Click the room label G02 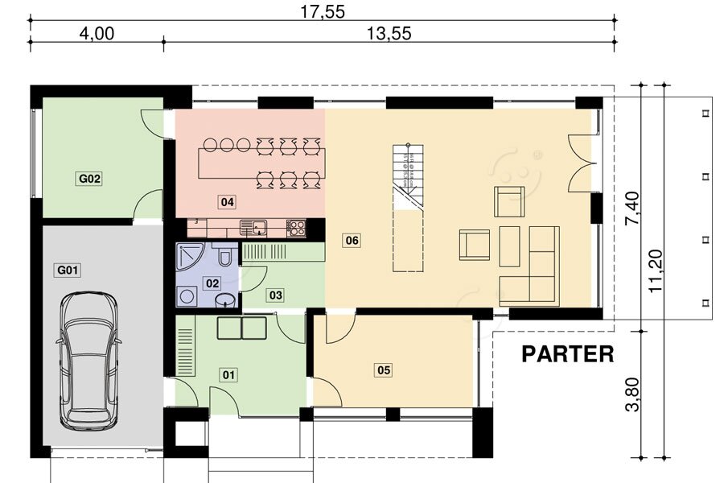89,179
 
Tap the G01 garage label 68,270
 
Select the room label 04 227,201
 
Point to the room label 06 352,241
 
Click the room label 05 384,369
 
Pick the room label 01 229,374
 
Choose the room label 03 276,295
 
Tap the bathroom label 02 212,283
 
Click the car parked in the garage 88,361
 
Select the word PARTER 567,354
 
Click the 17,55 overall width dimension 323,11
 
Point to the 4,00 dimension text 97,33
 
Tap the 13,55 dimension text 389,33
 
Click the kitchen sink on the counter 253,228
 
